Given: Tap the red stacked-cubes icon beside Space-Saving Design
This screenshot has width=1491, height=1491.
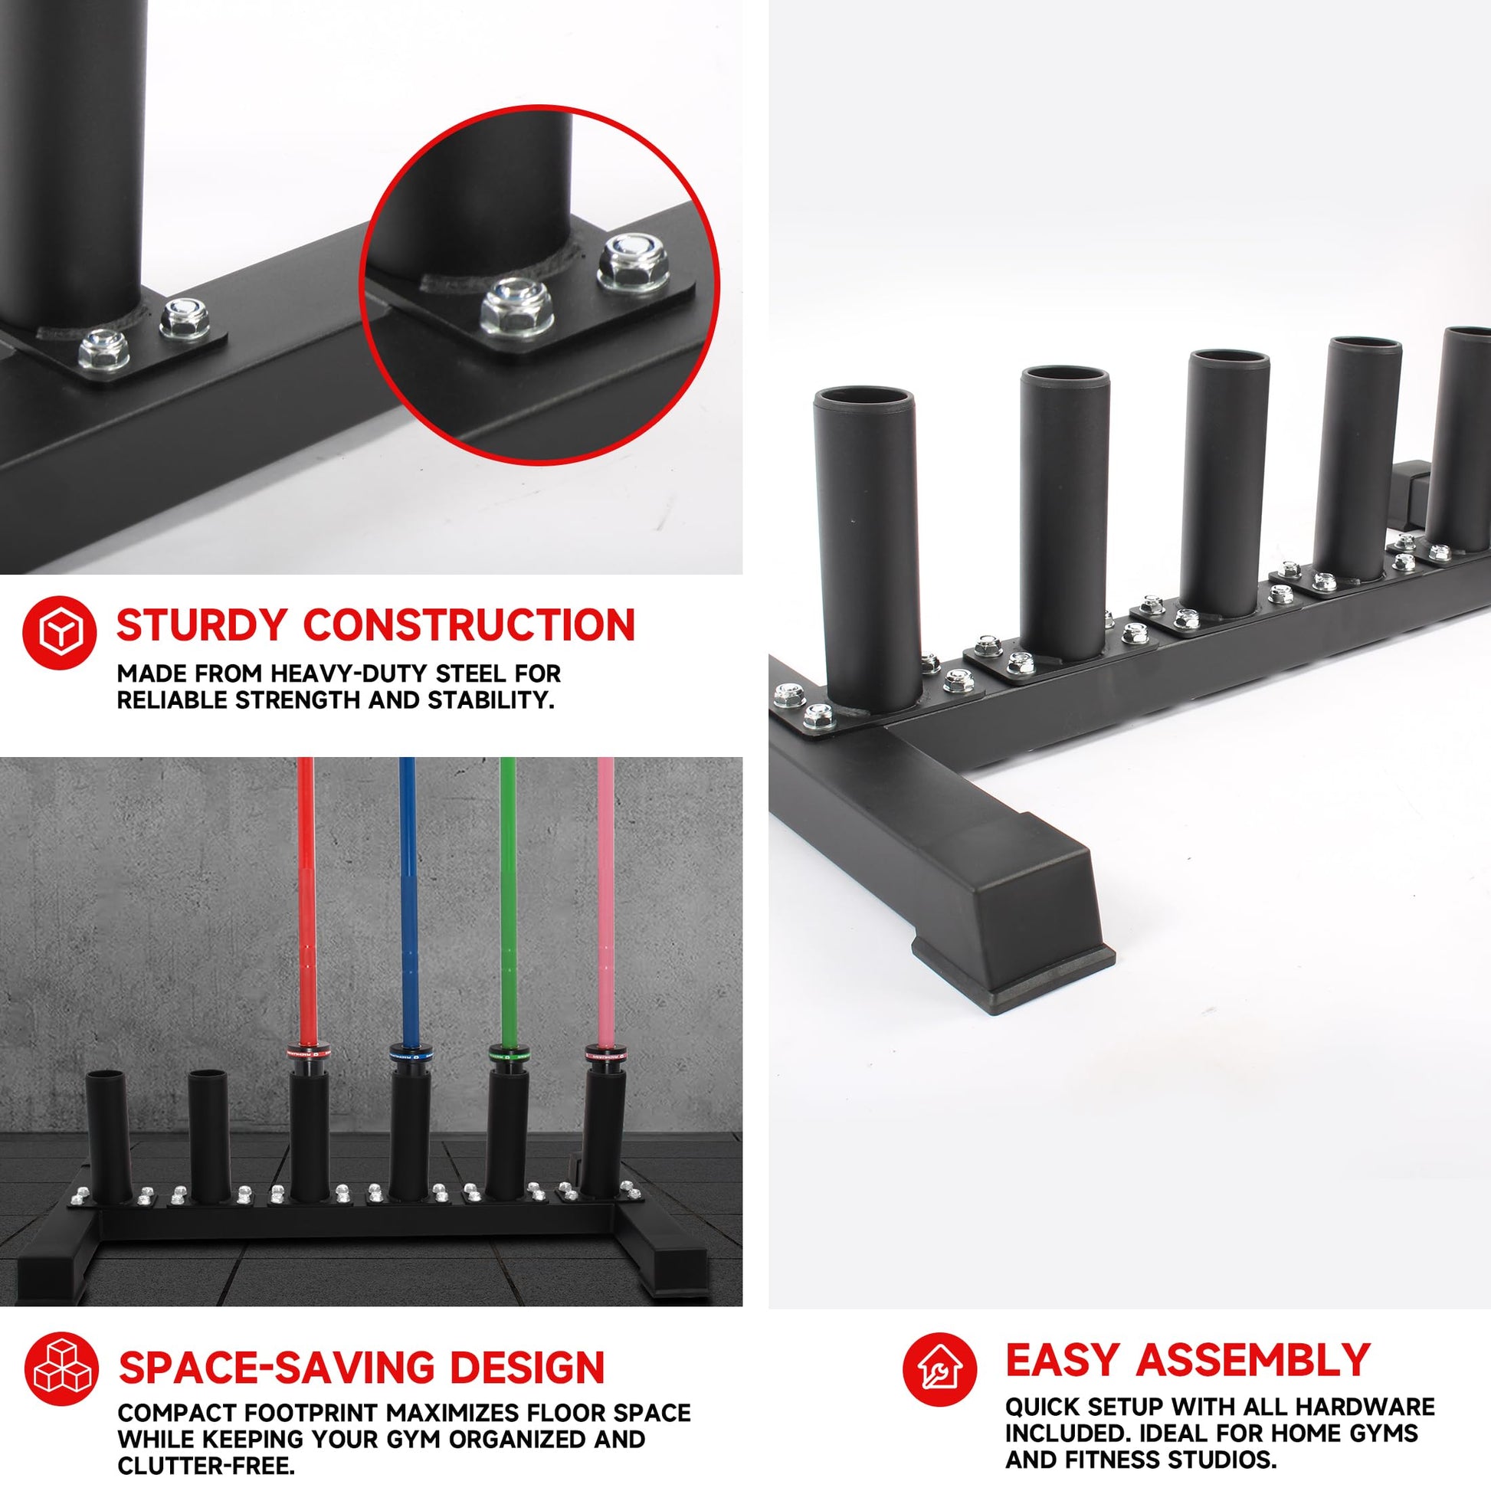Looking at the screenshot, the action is pyautogui.click(x=62, y=1368).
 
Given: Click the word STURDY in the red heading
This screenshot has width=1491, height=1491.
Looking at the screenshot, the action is pyautogui.click(x=202, y=624).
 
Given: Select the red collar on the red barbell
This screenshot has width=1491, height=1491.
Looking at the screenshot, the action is pyautogui.click(x=306, y=1054).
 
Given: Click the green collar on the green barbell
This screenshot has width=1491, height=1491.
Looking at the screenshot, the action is pyautogui.click(x=507, y=1054).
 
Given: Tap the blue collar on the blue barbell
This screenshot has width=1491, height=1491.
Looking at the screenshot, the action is pyautogui.click(x=407, y=1054).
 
